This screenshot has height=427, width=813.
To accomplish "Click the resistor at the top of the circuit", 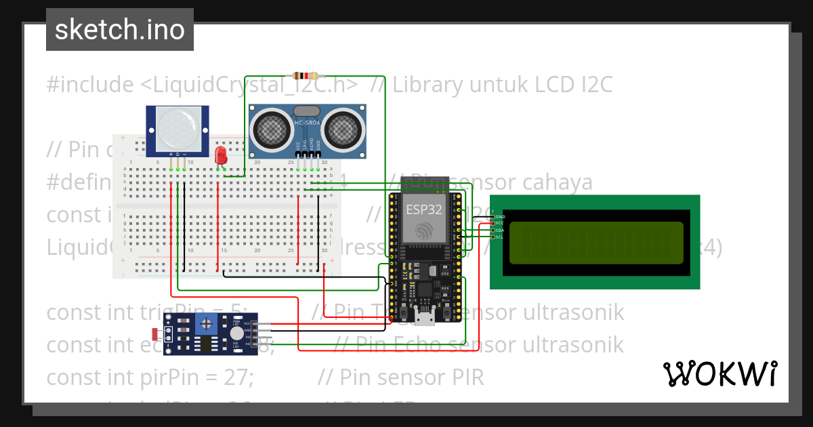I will (x=307, y=75).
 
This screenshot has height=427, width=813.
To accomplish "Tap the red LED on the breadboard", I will (x=220, y=155).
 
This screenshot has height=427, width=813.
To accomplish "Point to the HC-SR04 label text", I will (x=308, y=122).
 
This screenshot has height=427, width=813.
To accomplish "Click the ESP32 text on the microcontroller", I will (x=423, y=209).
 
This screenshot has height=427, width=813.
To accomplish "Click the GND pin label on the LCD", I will (x=499, y=216).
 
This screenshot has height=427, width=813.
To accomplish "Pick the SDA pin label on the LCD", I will (x=499, y=230).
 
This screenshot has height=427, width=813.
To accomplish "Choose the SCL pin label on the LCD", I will (x=499, y=237).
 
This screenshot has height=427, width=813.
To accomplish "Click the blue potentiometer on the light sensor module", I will (x=203, y=326).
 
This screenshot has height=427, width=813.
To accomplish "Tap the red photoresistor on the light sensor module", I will (x=156, y=333).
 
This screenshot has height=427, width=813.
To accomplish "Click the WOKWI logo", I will (x=720, y=373).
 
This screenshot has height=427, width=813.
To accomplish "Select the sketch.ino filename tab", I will (x=120, y=30).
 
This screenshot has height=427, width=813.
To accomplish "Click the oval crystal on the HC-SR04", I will (x=307, y=110).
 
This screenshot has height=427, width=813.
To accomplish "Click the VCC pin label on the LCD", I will (x=499, y=223).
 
